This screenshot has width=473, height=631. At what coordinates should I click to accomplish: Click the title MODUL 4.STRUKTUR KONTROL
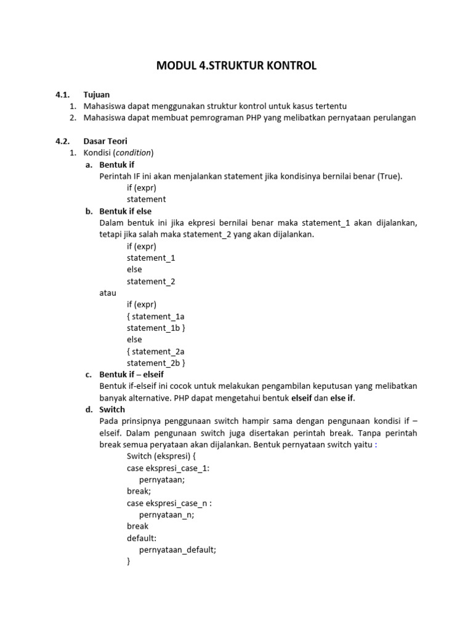[236, 65]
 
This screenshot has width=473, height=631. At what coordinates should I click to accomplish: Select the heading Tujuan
[97, 94]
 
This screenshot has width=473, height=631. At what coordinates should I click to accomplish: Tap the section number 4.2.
[64, 141]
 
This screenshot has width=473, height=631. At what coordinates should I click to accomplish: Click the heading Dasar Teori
[105, 141]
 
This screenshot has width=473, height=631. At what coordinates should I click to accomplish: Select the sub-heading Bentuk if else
[125, 211]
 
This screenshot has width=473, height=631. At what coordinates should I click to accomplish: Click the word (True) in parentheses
[389, 176]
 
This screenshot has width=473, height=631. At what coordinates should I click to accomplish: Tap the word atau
[108, 293]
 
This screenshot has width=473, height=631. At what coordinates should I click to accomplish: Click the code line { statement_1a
[155, 316]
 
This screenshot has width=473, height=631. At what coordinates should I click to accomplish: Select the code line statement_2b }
[156, 363]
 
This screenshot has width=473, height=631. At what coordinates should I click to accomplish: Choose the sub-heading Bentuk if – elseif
[131, 374]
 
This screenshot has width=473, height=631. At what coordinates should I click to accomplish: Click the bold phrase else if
[342, 397]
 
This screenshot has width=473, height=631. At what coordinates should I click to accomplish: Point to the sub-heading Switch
[112, 409]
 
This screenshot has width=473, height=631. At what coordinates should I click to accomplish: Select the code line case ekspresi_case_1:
[168, 468]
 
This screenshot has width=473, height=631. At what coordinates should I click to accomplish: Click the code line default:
[142, 538]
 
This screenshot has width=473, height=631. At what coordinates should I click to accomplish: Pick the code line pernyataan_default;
[178, 550]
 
